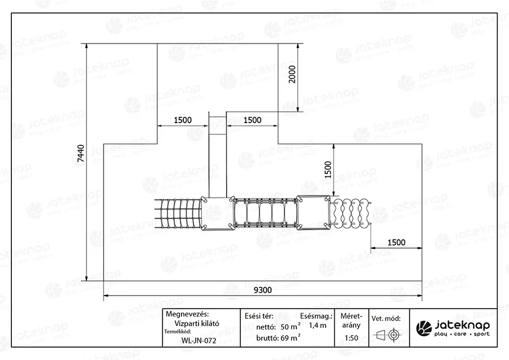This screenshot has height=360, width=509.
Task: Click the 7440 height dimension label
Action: (x=81, y=153)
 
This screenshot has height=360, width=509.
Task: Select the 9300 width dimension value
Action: (x=262, y=290)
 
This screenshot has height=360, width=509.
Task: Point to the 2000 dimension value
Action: (x=292, y=74)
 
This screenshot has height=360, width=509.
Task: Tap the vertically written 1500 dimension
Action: (x=328, y=170)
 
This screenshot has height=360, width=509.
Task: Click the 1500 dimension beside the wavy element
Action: (x=396, y=242)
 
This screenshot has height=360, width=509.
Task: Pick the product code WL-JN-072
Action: (x=199, y=341)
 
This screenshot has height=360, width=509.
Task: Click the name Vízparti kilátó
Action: (x=197, y=323)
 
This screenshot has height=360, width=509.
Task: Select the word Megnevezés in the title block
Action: (x=187, y=314)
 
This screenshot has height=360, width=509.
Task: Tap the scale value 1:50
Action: (x=352, y=338)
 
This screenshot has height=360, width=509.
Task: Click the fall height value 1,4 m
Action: (x=317, y=326)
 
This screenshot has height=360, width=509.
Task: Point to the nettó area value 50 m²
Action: (x=291, y=327)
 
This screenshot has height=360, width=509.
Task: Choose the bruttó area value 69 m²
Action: (x=291, y=337)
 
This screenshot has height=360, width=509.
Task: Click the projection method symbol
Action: (x=387, y=335)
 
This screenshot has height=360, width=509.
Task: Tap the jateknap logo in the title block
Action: (x=453, y=328)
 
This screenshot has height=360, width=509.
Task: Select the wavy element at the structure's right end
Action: (x=350, y=212)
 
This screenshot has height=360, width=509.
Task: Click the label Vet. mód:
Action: (x=386, y=319)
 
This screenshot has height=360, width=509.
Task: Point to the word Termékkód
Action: (x=178, y=331)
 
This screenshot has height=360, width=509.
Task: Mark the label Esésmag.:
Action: (x=317, y=316)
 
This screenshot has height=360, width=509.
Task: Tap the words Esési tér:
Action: (x=259, y=316)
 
